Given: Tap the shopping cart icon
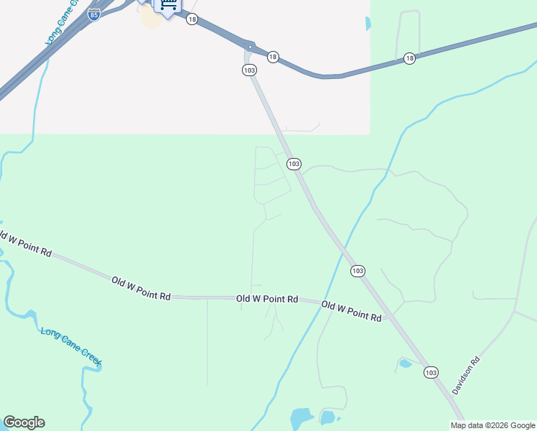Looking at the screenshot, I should point(168,6).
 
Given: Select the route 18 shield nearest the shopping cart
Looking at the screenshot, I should point(192,19).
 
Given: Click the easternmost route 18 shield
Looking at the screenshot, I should point(409,58).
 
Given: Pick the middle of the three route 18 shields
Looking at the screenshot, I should point(272,56).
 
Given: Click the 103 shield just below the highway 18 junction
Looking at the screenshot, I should point(248,70).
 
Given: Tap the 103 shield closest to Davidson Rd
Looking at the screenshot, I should point(431,372).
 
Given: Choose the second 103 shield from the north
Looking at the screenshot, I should point(294,164).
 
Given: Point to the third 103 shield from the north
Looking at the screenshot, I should point(358,271).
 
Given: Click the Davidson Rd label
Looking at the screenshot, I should point(465,377).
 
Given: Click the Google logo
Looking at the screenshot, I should point(24,422).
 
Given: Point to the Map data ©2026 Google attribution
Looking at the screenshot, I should point(492,425).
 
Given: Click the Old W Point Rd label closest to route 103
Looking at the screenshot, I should point(351,311).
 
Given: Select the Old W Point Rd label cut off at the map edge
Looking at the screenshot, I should point(26,244).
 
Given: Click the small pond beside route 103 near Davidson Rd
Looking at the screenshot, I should point(406,363).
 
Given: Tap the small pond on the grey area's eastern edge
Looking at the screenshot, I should point(368,23).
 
